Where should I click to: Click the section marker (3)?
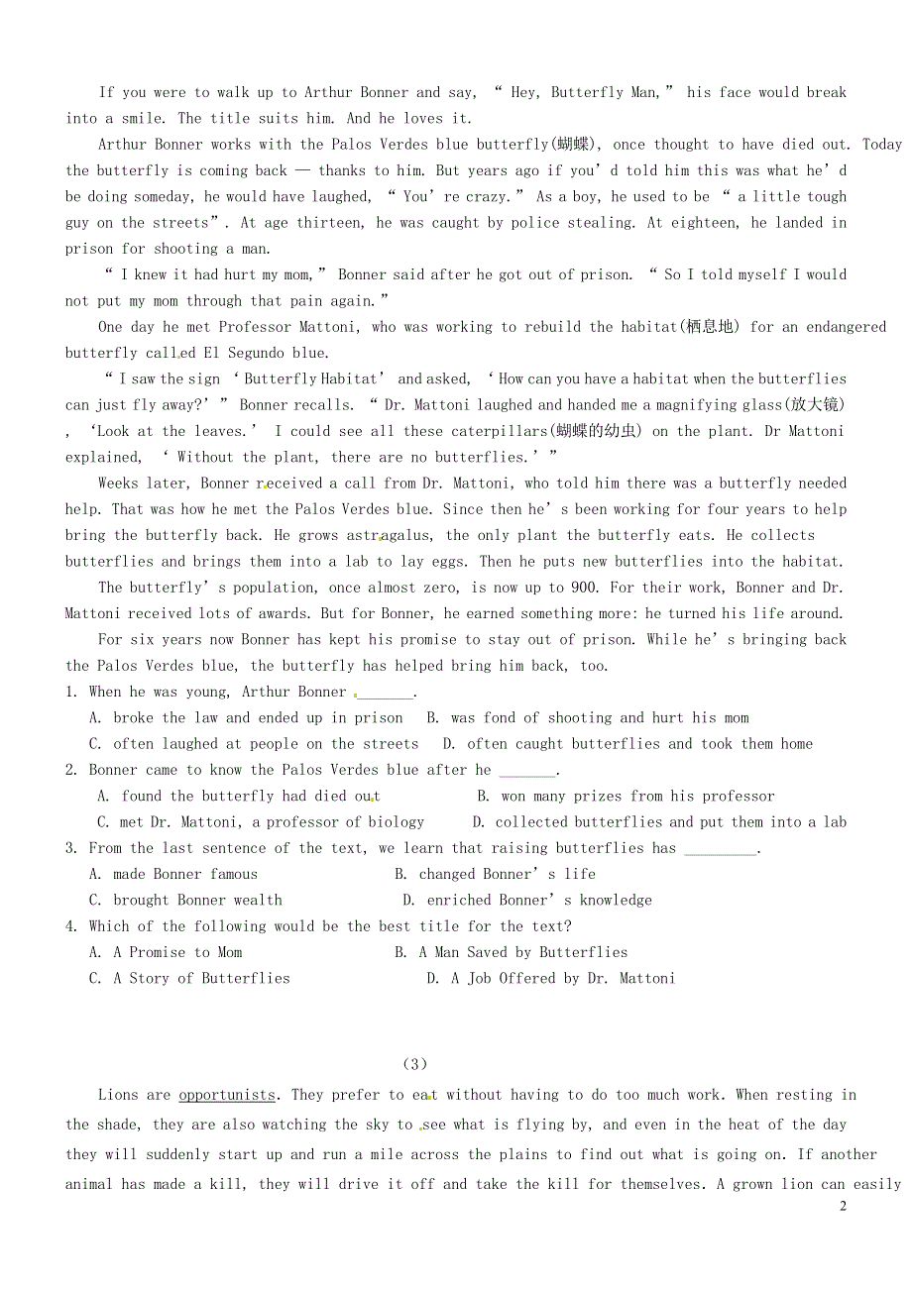tap(415, 1064)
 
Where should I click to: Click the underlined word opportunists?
tap(227, 1095)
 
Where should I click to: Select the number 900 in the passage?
tap(585, 588)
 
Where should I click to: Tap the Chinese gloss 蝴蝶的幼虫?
tap(598, 431)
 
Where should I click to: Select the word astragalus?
tap(393, 535)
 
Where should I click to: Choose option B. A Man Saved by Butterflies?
tap(511, 952)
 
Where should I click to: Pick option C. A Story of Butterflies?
tap(189, 978)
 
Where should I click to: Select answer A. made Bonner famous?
tap(173, 874)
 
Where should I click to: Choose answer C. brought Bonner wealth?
tap(185, 900)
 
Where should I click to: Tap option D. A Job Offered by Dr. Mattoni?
tap(550, 978)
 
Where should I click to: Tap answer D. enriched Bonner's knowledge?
tap(526, 900)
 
